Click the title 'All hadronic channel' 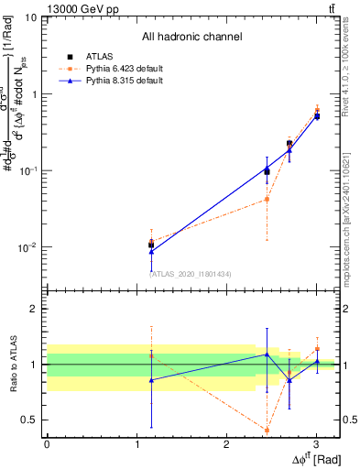click(x=191, y=38)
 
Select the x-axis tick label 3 click(x=315, y=444)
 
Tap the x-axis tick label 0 click(x=47, y=444)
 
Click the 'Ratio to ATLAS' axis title click(x=12, y=364)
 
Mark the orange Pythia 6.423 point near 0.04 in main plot click(x=267, y=199)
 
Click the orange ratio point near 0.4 click(x=267, y=430)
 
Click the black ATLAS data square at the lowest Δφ click(x=151, y=245)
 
